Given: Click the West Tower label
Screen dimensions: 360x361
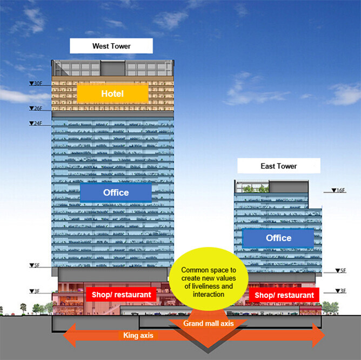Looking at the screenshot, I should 111,46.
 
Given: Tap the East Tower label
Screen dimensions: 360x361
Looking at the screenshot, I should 279,166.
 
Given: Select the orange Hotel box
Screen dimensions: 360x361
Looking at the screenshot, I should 112,93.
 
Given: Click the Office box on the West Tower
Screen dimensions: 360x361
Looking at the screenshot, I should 116,192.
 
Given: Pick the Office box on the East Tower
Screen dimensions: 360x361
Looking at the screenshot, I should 278,238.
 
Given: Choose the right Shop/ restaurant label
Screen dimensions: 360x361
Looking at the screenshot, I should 284,295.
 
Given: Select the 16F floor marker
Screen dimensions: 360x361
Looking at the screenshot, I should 338,191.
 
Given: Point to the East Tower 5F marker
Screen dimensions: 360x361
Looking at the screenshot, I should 340,270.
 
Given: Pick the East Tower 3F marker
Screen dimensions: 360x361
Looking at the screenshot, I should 340,291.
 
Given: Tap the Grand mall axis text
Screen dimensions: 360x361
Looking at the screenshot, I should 208,324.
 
